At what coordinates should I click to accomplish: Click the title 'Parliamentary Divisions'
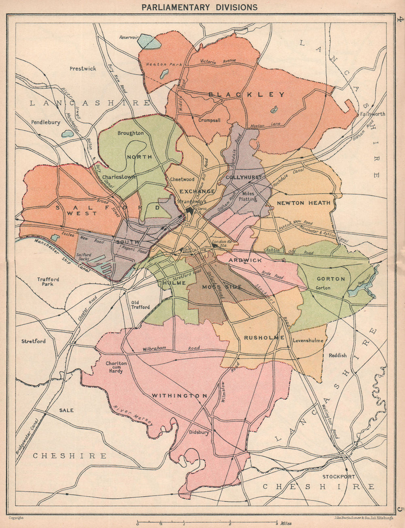pos(199,7)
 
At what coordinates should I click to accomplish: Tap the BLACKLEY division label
pos(246,94)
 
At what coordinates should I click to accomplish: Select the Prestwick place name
pos(83,68)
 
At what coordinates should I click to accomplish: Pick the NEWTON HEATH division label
pos(304,203)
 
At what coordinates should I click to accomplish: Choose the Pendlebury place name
pos(45,122)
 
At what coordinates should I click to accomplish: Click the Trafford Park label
pos(48,282)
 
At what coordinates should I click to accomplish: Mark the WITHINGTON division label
pos(179,395)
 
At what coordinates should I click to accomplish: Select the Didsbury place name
pos(199,432)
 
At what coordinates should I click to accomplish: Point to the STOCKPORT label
pos(339,477)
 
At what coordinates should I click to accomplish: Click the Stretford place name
pos(34,341)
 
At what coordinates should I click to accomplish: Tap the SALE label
pos(66,410)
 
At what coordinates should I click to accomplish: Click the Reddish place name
pos(337,355)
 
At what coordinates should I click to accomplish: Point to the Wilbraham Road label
pos(170,349)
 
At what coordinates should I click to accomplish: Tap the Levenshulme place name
pos(308,340)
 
